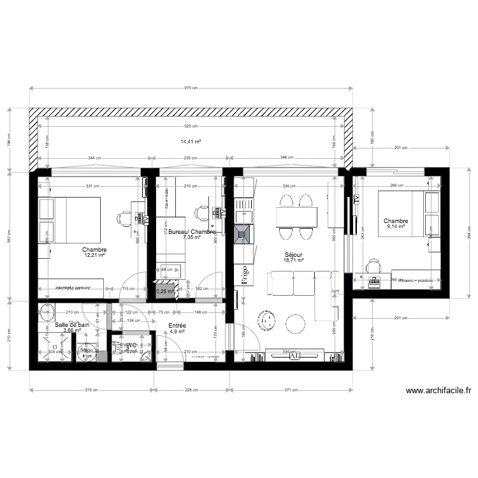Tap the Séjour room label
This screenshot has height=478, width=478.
point(293,253)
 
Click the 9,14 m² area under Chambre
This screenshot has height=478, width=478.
point(395,228)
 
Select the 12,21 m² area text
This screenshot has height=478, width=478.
point(94,256)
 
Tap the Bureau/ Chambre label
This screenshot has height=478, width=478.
point(191,231)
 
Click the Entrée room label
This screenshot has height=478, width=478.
point(177,325)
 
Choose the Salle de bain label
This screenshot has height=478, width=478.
point(72,324)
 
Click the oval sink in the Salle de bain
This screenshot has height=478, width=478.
point(47,314)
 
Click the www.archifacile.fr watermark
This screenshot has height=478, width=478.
point(438,391)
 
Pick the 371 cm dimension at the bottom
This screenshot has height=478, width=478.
point(291,390)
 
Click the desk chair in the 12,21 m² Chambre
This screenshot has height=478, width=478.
point(123,218)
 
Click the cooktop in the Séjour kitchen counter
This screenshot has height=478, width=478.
point(243,235)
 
